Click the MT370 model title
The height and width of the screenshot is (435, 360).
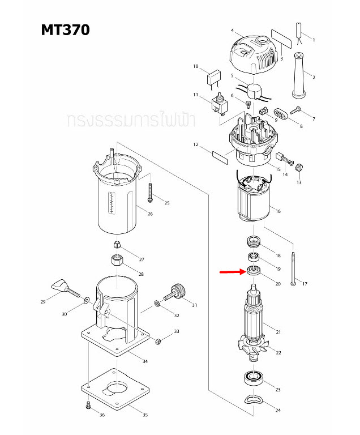tap(65, 30)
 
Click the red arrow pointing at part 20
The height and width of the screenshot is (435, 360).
tap(232, 272)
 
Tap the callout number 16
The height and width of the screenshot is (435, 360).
tap(278, 211)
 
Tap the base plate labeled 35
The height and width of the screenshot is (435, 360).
tap(117, 393)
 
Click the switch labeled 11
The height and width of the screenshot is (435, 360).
tap(218, 104)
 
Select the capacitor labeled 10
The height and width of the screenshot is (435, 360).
tap(216, 76)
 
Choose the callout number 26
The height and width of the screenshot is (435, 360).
tap(150, 214)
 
